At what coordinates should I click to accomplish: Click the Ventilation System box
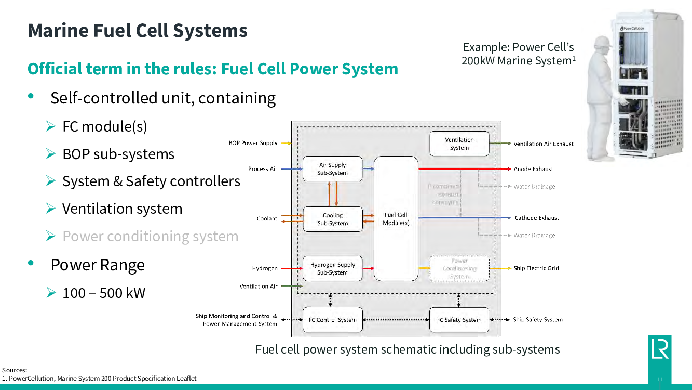tap(459, 144)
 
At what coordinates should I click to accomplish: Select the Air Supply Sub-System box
tap(332, 169)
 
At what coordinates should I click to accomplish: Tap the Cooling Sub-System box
tap(332, 219)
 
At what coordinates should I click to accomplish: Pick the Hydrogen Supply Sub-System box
tap(332, 268)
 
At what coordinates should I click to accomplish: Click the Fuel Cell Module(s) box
tap(396, 218)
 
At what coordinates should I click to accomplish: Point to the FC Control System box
tap(332, 320)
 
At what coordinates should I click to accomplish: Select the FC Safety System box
tap(459, 320)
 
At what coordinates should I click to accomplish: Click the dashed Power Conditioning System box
tap(459, 268)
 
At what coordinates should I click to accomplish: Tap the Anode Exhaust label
tap(533, 169)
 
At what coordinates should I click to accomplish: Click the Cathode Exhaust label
tap(537, 218)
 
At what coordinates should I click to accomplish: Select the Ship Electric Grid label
tap(536, 268)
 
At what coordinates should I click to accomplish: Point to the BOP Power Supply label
tap(253, 143)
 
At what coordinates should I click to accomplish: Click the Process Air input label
tap(263, 169)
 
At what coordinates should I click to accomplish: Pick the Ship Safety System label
tap(538, 320)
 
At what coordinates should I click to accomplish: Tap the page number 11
tap(659, 380)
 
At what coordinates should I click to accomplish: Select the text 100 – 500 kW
tap(104, 293)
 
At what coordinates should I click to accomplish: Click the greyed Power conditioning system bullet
tap(150, 236)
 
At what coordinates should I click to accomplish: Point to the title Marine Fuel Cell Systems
tap(138, 30)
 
